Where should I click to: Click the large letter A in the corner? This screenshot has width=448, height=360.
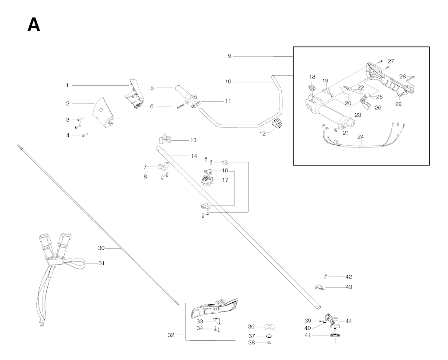[x=34, y=25]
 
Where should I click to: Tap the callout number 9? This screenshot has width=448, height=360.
[x=229, y=56]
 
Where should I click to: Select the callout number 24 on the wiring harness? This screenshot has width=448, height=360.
[x=360, y=136]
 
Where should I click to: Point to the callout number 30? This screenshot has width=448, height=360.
[x=101, y=248]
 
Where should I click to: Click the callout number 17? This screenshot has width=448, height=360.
[x=225, y=180]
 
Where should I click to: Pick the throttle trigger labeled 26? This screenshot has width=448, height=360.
[x=365, y=104]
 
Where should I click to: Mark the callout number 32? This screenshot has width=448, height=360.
[x=171, y=335]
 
